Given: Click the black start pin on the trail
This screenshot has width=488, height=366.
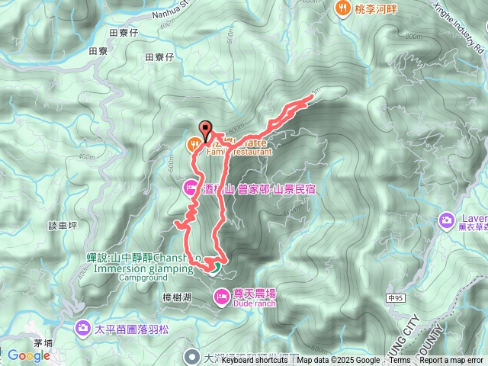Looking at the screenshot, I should pyautogui.click(x=204, y=129).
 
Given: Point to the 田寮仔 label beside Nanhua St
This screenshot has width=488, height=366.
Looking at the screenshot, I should pyautogui.click(x=123, y=33).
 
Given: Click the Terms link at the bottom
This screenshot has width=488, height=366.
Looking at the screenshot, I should pyautogui.click(x=400, y=361).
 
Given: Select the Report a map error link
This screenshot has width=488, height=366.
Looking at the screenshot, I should pyautogui.click(x=451, y=361).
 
